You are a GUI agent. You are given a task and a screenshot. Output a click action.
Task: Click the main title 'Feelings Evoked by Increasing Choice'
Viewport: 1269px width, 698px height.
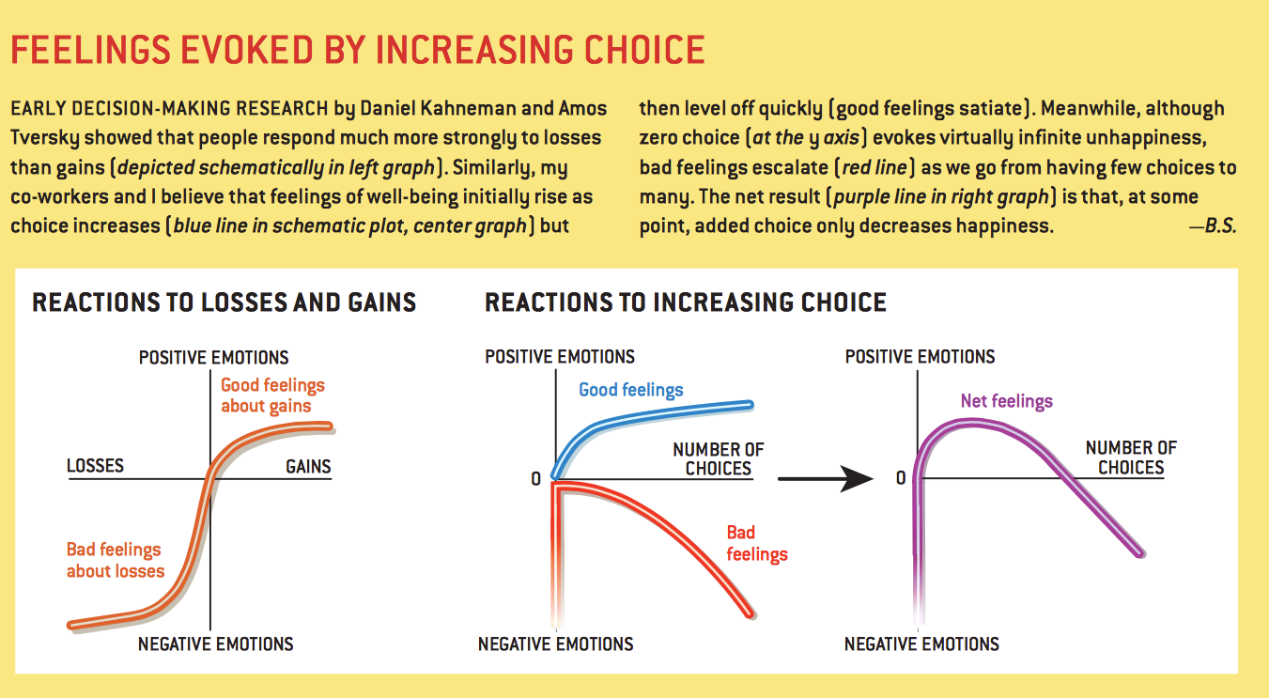tap(357, 49)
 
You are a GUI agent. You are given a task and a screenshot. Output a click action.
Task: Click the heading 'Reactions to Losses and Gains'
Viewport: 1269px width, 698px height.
tap(224, 302)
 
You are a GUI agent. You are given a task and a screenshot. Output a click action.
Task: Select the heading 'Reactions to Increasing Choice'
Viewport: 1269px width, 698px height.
tap(686, 302)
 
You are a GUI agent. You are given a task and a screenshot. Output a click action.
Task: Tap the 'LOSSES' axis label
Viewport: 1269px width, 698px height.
tap(95, 466)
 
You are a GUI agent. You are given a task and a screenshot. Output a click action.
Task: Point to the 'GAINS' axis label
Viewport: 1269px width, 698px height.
tap(308, 466)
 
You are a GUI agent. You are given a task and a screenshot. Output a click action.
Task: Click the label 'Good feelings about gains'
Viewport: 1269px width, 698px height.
tap(272, 396)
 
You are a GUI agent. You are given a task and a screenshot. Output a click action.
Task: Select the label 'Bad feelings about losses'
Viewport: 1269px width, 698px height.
tap(115, 560)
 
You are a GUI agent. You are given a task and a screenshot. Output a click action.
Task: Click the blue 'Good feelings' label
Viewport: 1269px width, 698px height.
tap(631, 390)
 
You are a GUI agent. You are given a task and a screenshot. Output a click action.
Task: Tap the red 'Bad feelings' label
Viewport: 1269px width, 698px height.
tap(756, 544)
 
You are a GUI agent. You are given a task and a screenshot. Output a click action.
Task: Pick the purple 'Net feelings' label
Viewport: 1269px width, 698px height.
tap(1006, 401)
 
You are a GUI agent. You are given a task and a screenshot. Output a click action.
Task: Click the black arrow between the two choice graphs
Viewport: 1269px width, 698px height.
tap(826, 478)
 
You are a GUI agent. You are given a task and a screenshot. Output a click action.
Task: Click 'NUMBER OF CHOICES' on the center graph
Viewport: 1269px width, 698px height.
tap(719, 458)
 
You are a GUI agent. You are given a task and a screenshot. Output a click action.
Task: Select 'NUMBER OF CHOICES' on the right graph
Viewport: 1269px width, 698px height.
tap(1131, 458)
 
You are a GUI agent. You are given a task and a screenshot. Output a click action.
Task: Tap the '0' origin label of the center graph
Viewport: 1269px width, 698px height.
tap(535, 478)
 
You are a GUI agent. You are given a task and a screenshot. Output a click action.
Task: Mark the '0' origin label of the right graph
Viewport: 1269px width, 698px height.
tap(901, 478)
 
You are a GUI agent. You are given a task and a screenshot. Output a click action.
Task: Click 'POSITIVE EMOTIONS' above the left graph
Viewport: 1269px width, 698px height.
tap(213, 357)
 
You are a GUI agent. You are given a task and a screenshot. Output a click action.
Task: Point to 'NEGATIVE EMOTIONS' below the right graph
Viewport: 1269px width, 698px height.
tap(921, 644)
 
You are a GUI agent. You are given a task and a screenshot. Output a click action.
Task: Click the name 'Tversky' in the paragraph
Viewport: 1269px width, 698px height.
tap(46, 138)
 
